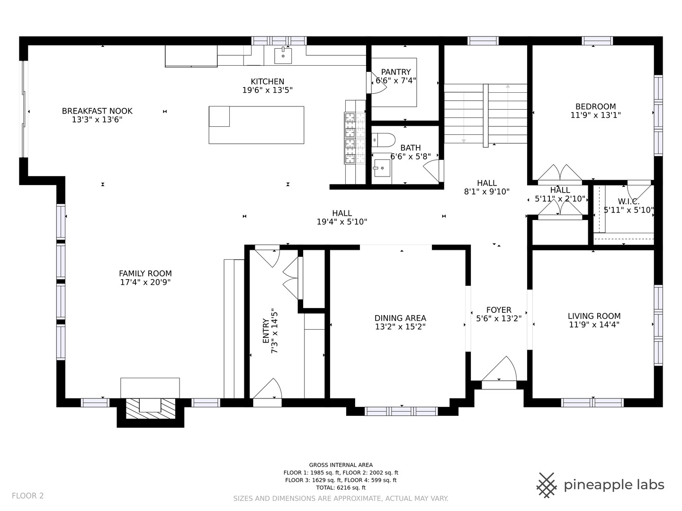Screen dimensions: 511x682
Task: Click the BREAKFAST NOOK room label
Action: [x=97, y=111]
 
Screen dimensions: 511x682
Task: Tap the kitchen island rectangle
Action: [x=256, y=125]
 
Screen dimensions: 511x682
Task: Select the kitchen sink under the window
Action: [x=283, y=55]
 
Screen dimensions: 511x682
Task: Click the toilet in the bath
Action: [x=384, y=140]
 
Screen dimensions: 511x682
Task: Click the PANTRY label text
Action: [x=396, y=72]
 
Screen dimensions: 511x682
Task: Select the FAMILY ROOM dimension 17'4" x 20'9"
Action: [x=145, y=282]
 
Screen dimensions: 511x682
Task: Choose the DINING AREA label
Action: [x=400, y=318]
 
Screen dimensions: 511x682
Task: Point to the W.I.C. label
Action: [x=628, y=202]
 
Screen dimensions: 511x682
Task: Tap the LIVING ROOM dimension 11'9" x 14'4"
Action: [x=594, y=325]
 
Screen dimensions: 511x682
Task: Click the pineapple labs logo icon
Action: [x=547, y=485]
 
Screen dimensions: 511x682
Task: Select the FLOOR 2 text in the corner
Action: [x=27, y=496]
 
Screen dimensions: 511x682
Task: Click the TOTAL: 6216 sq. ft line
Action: [x=341, y=487]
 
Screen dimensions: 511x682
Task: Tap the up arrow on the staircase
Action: [x=508, y=88]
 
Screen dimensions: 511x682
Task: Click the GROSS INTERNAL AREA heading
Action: [x=341, y=465]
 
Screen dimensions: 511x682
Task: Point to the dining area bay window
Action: [x=402, y=411]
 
